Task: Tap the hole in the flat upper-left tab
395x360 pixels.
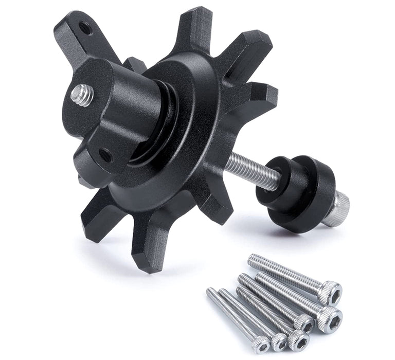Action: (x=85, y=28)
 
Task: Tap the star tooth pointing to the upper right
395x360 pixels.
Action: (x=247, y=49)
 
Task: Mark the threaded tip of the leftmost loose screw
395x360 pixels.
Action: (x=211, y=293)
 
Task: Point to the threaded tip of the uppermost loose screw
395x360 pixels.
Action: (x=253, y=259)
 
